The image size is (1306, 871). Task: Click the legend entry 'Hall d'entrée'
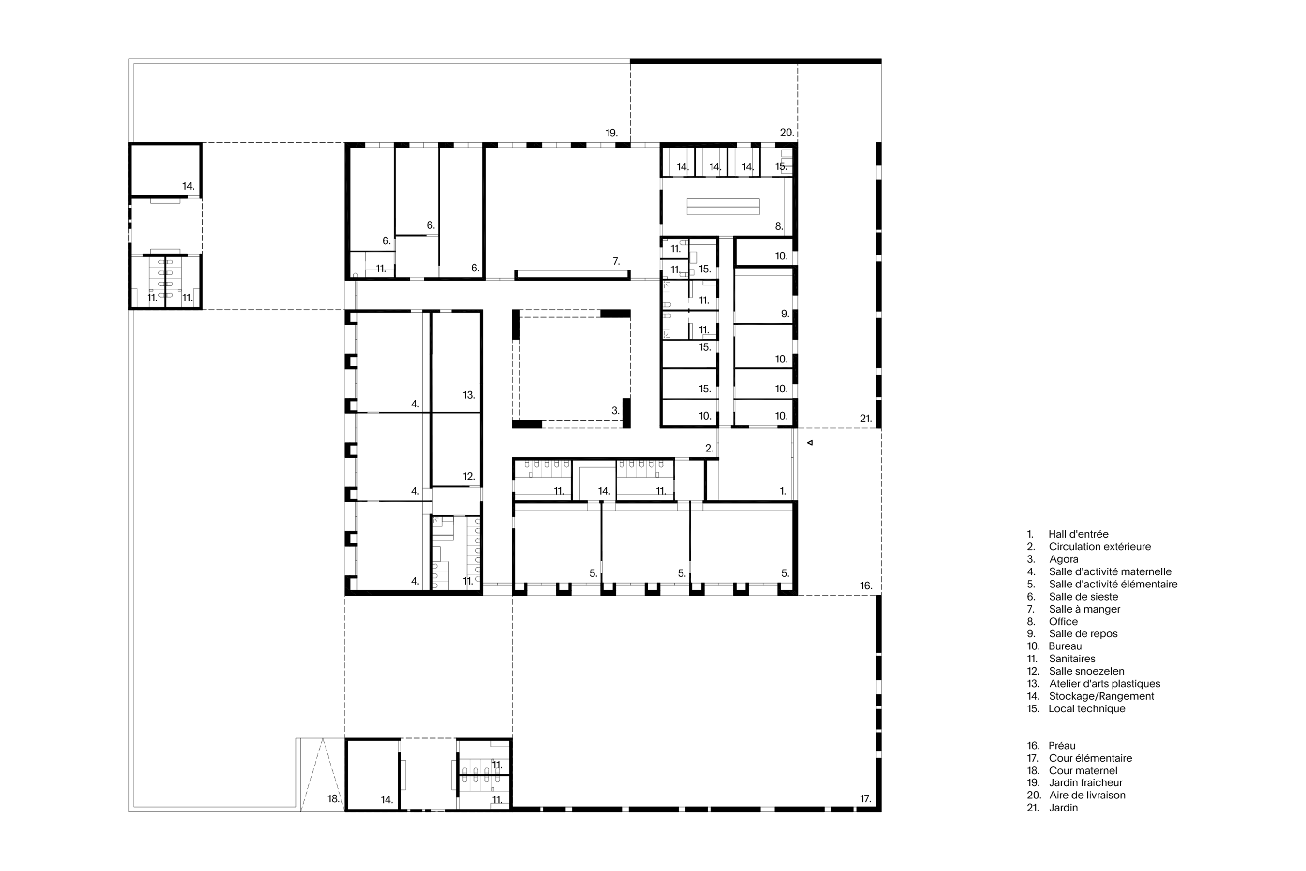(1078, 534)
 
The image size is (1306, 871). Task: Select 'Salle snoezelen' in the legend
(1087, 671)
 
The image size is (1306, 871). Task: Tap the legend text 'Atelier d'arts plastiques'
(1104, 684)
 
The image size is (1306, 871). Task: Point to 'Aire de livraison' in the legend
(1087, 796)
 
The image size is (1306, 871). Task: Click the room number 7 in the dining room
(616, 261)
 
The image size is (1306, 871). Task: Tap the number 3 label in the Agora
(615, 411)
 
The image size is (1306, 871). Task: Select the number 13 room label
(469, 395)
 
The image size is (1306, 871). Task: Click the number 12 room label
(469, 476)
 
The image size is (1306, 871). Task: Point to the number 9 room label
(785, 314)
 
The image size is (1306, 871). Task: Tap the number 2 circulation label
(709, 448)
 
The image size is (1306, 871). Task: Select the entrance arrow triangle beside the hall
(810, 443)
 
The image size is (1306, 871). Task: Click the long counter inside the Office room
(723, 207)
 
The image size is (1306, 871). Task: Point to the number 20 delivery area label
(787, 133)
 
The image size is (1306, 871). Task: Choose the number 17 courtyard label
(866, 799)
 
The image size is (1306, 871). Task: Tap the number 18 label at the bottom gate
(333, 799)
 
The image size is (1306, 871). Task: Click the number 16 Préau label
(866, 586)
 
